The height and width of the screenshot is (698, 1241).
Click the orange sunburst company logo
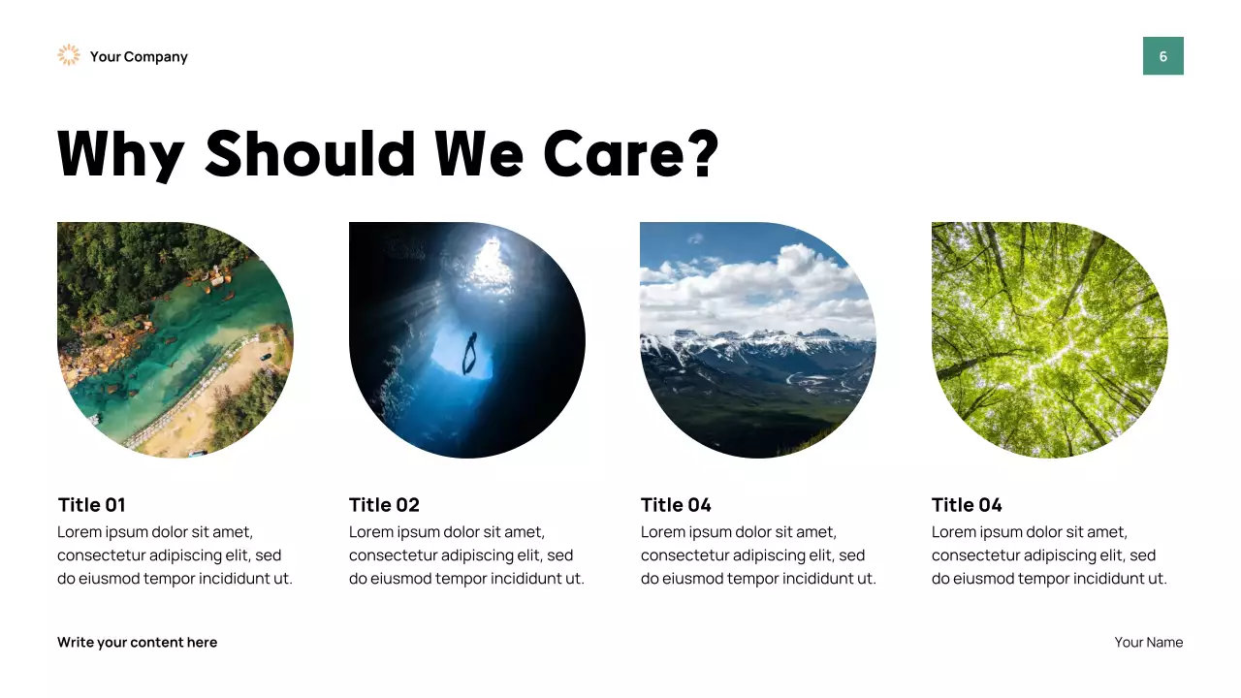(x=68, y=55)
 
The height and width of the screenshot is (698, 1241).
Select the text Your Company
(x=139, y=57)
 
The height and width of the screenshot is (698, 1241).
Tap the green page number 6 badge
(x=1162, y=56)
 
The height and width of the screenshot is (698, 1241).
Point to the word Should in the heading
(x=311, y=153)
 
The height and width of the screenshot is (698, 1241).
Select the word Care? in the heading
(x=631, y=153)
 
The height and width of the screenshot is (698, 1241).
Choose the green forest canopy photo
(x=1049, y=339)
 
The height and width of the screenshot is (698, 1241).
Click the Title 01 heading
(x=91, y=505)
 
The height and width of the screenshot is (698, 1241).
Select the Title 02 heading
(x=384, y=505)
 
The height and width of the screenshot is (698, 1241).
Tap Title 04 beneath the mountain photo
(x=676, y=505)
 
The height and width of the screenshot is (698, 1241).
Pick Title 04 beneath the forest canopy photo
(x=967, y=505)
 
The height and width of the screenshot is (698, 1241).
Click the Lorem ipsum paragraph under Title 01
(x=175, y=555)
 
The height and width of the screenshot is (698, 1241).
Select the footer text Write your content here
(x=137, y=643)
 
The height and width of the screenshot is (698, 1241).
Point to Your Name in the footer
(x=1148, y=643)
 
